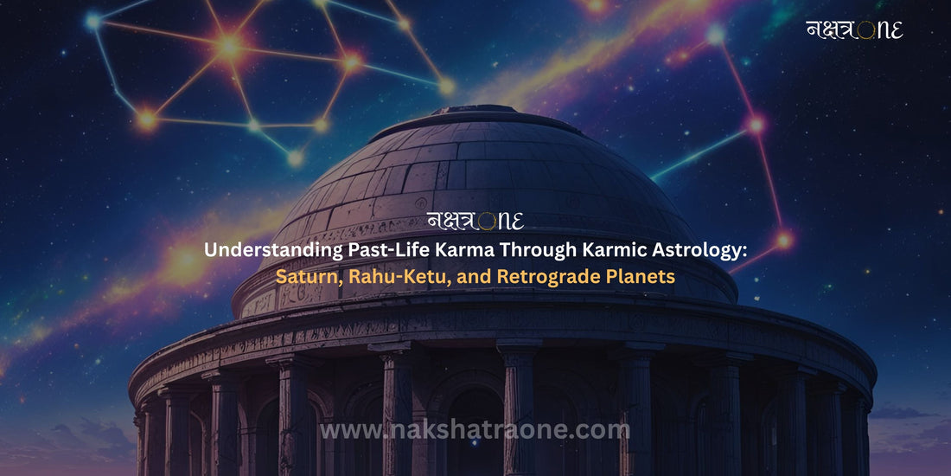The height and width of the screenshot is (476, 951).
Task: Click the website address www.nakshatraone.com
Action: (475, 430)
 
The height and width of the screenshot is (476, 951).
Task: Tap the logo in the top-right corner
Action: (854, 29)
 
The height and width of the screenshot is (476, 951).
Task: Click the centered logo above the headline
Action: (475, 221)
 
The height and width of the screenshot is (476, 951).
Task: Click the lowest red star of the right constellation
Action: (784, 240)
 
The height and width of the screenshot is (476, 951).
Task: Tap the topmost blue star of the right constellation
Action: (716, 35)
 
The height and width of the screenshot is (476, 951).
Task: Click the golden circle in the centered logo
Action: (486, 222)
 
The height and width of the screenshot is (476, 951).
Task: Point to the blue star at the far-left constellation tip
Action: (93, 22)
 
